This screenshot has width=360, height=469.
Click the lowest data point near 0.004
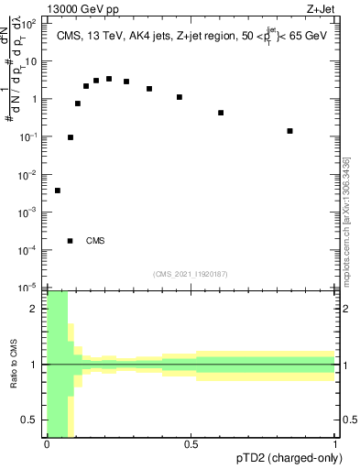coord(58,191)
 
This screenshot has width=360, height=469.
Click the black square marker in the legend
coord(71,241)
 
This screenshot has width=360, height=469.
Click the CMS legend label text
coord(95,241)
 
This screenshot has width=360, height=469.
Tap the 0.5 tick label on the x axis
coord(191,444)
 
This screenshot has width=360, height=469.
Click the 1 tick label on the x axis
coord(335,444)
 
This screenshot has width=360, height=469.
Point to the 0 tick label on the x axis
coord(47,444)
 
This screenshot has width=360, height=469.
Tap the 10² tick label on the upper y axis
coord(31,25)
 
